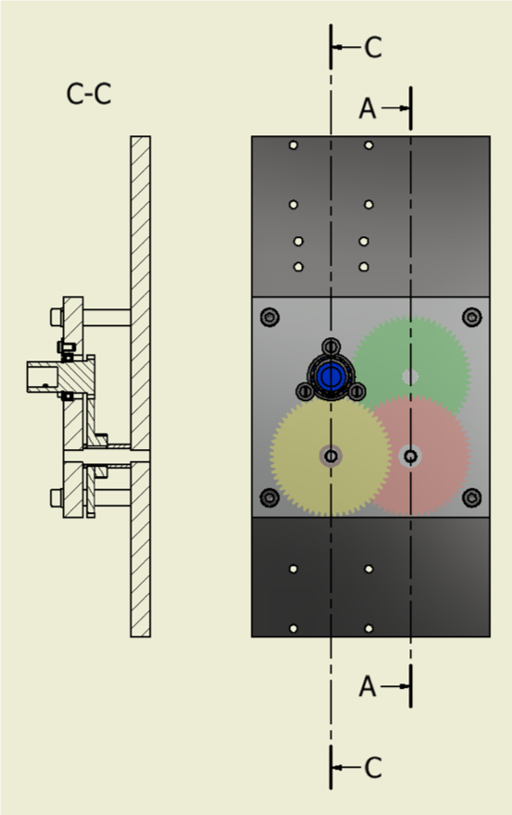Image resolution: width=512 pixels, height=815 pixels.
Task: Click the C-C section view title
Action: (x=88, y=94)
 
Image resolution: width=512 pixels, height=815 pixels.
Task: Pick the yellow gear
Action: (x=331, y=456)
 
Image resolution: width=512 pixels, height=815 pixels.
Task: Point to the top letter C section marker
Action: (x=373, y=47)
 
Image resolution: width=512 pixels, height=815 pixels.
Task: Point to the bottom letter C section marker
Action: (x=373, y=768)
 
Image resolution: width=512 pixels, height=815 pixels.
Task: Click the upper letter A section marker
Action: (x=368, y=108)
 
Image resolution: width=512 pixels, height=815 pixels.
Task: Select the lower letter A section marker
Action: (x=368, y=687)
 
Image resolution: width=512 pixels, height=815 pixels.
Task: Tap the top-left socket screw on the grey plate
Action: (x=270, y=316)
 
